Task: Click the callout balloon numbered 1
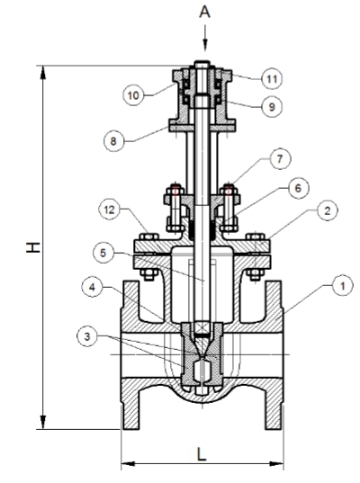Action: coord(343,287)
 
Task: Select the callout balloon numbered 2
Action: coord(328,210)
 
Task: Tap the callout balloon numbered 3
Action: coord(87,336)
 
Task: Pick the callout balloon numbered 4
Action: coord(92,288)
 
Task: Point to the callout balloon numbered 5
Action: coord(103,254)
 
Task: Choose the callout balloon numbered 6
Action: coord(299,188)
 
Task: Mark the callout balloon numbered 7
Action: coord(280,159)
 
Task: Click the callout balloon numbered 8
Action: coord(113,141)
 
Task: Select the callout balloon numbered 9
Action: coord(272,107)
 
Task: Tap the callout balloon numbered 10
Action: coord(133,95)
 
